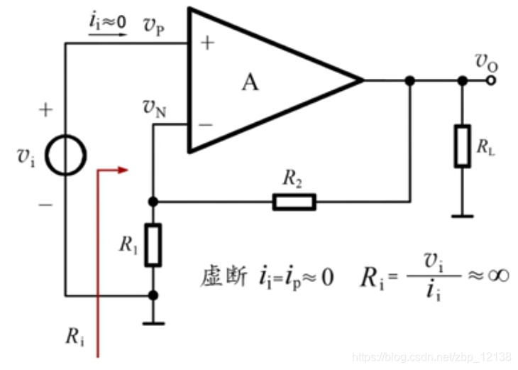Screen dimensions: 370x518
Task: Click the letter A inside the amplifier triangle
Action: pos(250,82)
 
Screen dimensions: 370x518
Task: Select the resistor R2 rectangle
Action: pos(294,202)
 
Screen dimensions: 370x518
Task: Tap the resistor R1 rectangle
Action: pos(153,245)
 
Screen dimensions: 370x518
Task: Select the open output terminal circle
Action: pos(489,81)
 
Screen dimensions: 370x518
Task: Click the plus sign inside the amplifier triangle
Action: pos(206,43)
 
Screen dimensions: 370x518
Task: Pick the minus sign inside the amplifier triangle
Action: pos(206,125)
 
